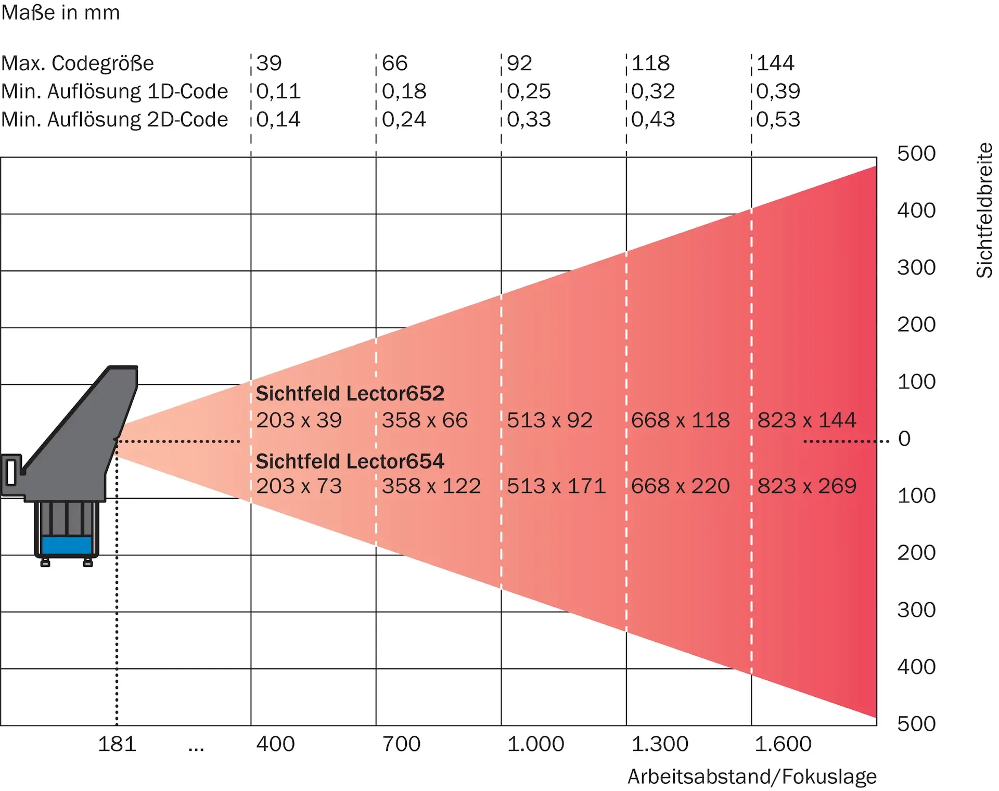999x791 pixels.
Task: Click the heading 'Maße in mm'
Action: [x=60, y=12]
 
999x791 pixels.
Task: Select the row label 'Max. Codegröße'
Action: [x=78, y=63]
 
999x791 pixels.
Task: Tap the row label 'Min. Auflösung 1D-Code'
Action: [x=114, y=92]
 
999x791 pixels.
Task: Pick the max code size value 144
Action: [x=775, y=63]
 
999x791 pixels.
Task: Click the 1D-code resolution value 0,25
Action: [x=529, y=92]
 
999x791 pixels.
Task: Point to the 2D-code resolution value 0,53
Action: [x=778, y=120]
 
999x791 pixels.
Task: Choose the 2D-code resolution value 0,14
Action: [x=278, y=120]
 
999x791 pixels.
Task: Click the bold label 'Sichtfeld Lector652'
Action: [x=350, y=394]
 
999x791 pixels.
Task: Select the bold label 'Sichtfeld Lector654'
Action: [x=350, y=461]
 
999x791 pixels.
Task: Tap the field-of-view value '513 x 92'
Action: [x=549, y=420]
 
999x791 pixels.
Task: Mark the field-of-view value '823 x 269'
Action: [x=806, y=486]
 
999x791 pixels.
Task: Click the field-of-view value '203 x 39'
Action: [x=299, y=420]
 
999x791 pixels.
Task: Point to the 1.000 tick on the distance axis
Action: [x=535, y=744]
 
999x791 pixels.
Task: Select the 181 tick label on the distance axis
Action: [x=117, y=744]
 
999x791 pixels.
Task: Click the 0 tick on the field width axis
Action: [x=904, y=439]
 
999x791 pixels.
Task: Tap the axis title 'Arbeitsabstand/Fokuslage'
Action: [x=752, y=777]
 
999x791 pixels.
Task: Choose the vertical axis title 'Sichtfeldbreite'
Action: [x=984, y=211]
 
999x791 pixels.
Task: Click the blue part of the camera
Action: [x=67, y=545]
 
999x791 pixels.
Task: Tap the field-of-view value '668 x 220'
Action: [x=681, y=486]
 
